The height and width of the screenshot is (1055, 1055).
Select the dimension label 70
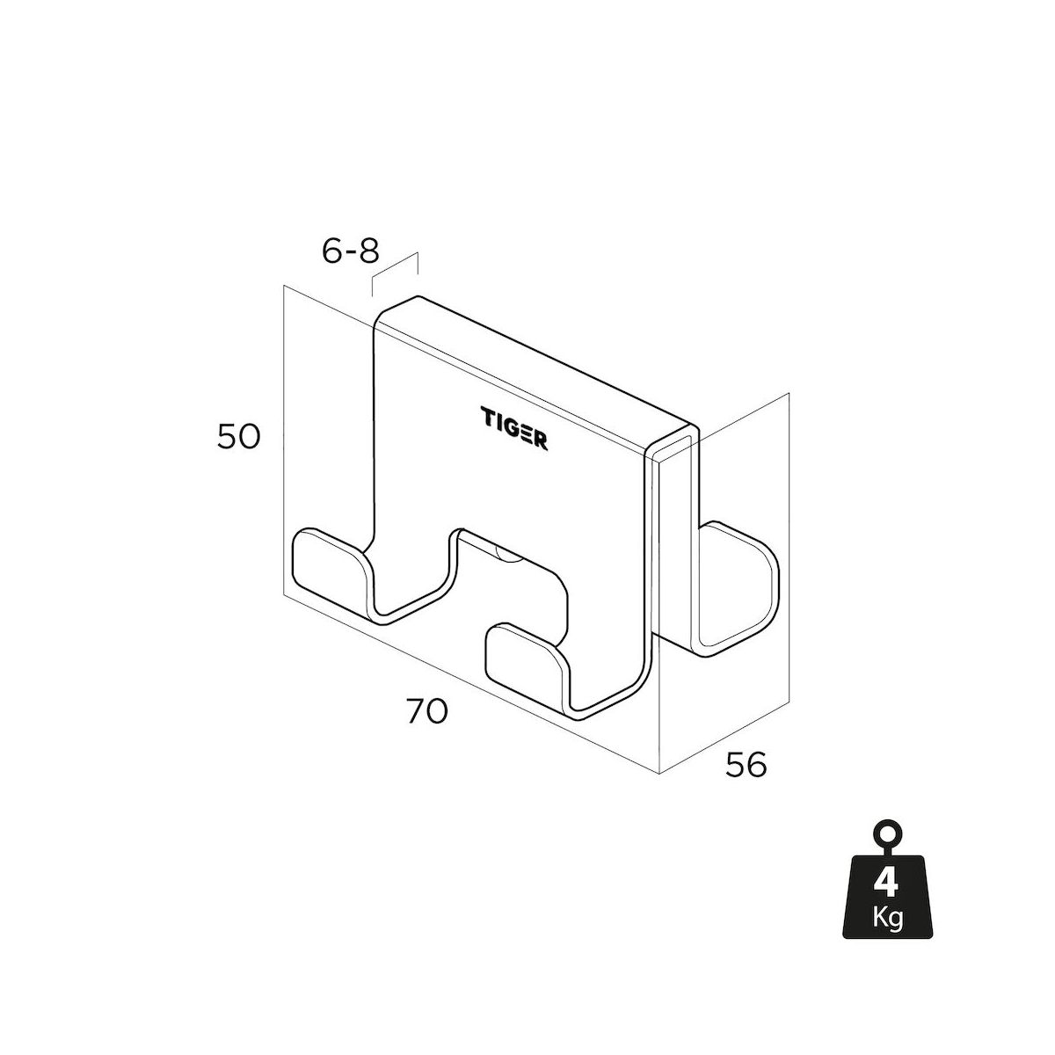pos(427,711)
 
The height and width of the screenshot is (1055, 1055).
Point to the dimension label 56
pos(746,765)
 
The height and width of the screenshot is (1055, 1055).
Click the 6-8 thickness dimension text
pos(351,251)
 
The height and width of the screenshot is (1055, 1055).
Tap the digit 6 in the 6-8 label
pos(331,251)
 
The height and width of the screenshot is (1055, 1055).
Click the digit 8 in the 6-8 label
pos(369,251)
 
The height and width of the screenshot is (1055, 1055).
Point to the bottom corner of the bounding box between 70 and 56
pos(659,773)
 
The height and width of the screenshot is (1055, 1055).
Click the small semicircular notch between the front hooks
pos(507,554)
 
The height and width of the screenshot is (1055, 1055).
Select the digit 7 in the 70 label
pos(416,711)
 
